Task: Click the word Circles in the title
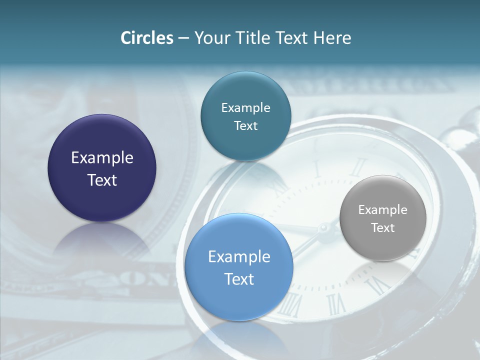[x=146, y=38]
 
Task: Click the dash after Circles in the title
[x=183, y=38]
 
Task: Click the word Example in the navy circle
[x=102, y=158]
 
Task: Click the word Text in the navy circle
[x=102, y=180]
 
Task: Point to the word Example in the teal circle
[x=245, y=108]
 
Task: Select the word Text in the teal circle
[x=245, y=126]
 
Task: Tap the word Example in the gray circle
[x=382, y=210]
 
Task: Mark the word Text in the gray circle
[x=382, y=228]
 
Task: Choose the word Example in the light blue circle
[x=239, y=257]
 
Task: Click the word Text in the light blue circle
[x=239, y=279]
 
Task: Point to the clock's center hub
[x=323, y=229]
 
